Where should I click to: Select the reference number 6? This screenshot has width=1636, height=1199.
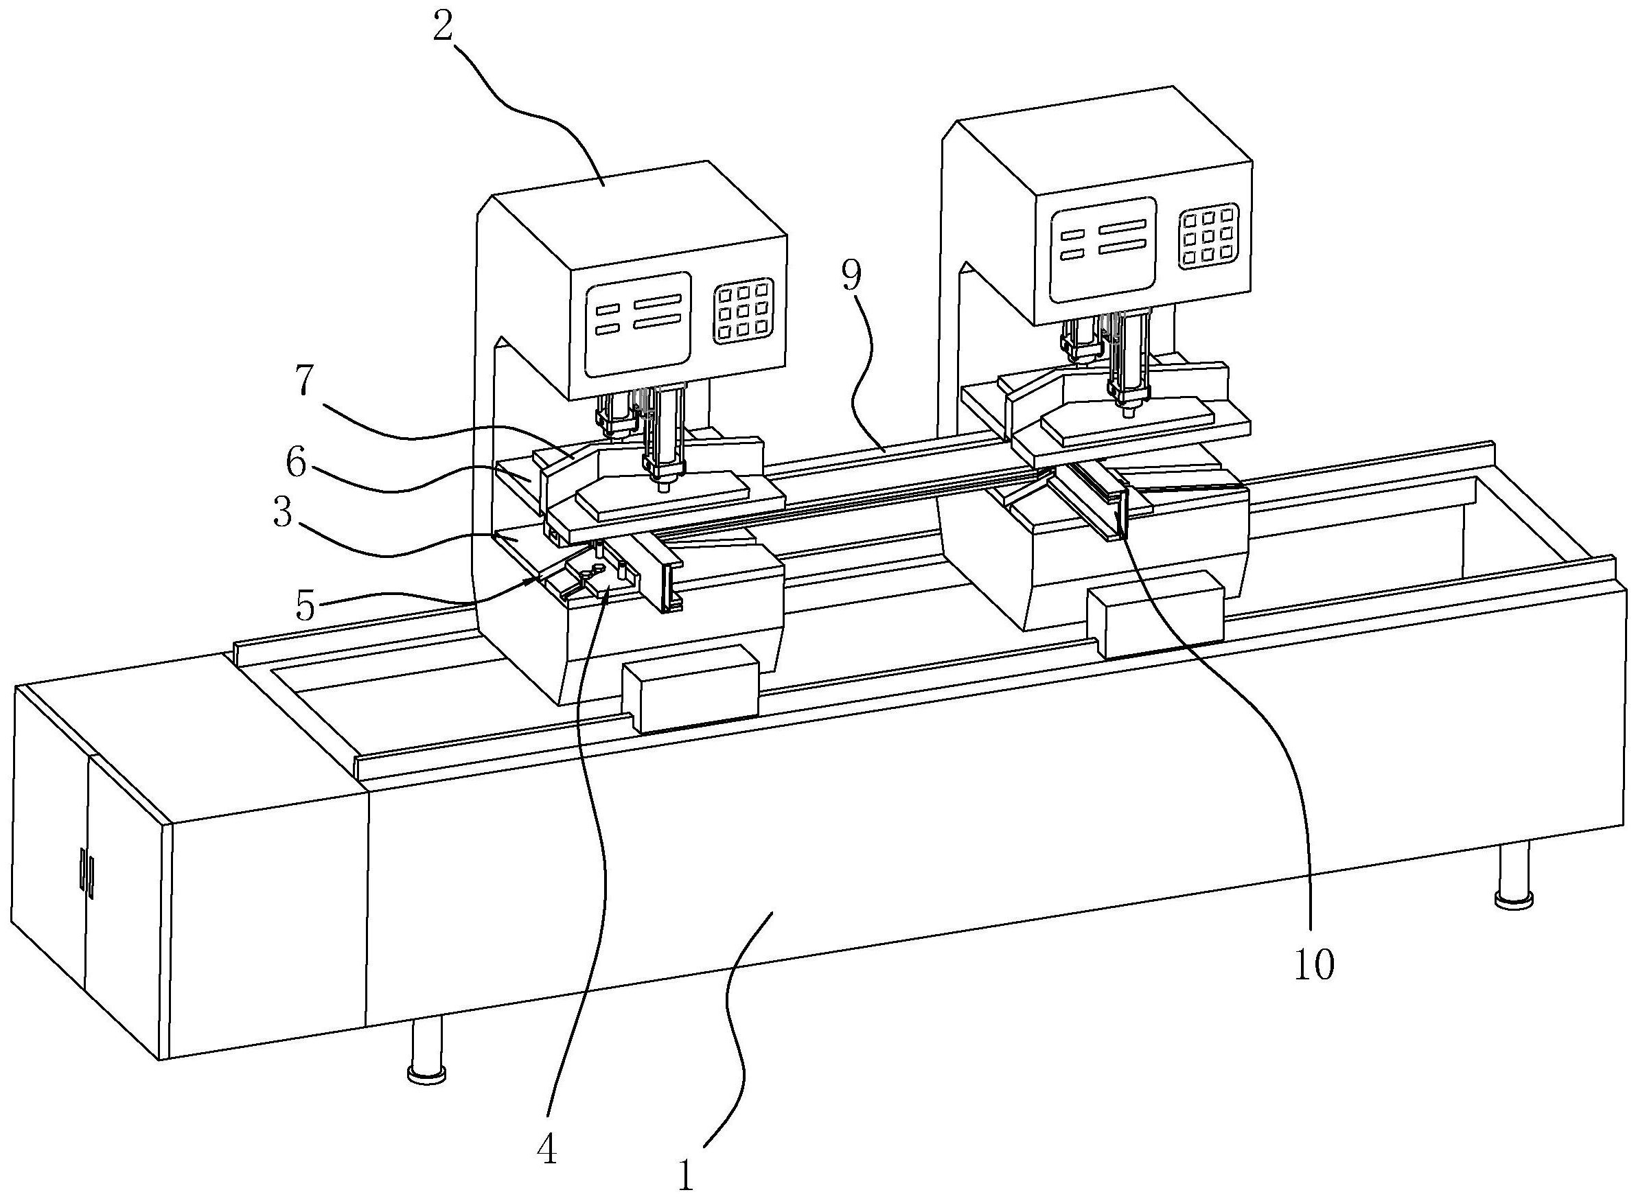(295, 463)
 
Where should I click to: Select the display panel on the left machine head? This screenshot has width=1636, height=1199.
(638, 325)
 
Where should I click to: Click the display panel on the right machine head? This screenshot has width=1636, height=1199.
(1103, 250)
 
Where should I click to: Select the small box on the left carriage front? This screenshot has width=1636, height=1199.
(690, 687)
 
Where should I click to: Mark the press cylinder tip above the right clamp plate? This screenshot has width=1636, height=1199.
(1127, 412)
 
